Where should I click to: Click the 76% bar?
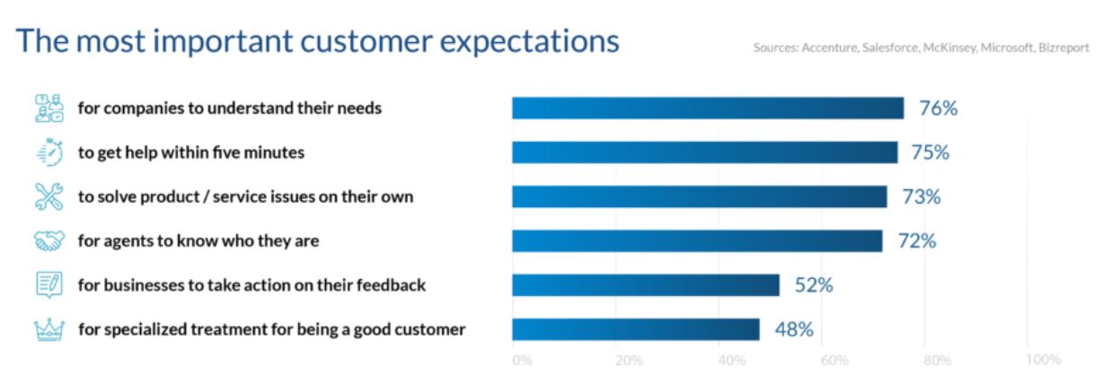coord(708,108)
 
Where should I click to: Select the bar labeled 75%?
coord(705,152)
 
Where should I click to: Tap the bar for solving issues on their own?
coord(700,196)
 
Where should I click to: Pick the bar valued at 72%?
coord(697,241)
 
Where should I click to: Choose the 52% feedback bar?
coord(646,285)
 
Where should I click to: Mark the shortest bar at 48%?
coord(636,330)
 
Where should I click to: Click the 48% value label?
coord(794,330)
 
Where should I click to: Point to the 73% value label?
coord(921,197)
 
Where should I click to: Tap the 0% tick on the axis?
coord(523,361)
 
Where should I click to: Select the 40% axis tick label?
coord(732,361)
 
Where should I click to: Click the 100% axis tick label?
coord(1044,360)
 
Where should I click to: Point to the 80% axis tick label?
coord(938,361)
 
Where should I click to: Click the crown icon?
coord(49,330)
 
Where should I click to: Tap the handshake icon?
coord(49,241)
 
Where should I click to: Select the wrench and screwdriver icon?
coord(49,196)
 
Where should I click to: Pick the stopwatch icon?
coord(50,152)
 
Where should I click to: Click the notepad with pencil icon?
coord(49,285)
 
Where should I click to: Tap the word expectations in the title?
coord(529,41)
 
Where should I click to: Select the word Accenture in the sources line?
coord(830,48)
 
